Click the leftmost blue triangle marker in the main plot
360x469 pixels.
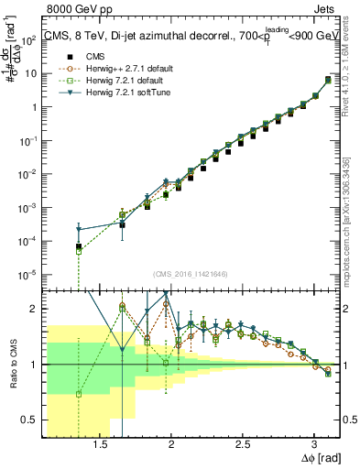pos(79,229)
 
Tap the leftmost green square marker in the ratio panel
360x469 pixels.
pos(79,394)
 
